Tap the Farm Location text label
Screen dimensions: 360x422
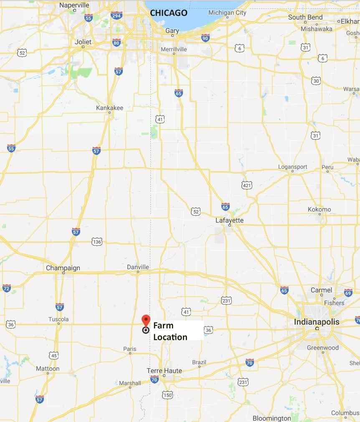(170, 331)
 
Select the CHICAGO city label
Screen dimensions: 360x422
(169, 13)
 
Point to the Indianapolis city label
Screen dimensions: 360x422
(317, 322)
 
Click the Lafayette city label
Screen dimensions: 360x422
(229, 220)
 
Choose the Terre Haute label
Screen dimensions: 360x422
(164, 371)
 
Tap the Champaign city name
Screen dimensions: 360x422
(63, 268)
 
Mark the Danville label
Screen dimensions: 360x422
(138, 267)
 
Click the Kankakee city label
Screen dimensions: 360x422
(109, 108)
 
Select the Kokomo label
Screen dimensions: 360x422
(319, 209)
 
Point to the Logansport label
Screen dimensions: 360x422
(293, 167)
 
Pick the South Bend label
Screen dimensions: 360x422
(305, 17)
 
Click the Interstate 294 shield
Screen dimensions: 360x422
(117, 16)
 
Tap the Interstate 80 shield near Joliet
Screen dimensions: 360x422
(116, 43)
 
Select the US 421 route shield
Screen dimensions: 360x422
(247, 185)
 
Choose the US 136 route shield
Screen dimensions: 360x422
(97, 242)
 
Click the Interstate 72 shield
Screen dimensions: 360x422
(6, 288)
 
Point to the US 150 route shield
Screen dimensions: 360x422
(167, 395)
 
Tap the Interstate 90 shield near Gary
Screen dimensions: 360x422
(205, 38)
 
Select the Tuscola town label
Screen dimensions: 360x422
(58, 319)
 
